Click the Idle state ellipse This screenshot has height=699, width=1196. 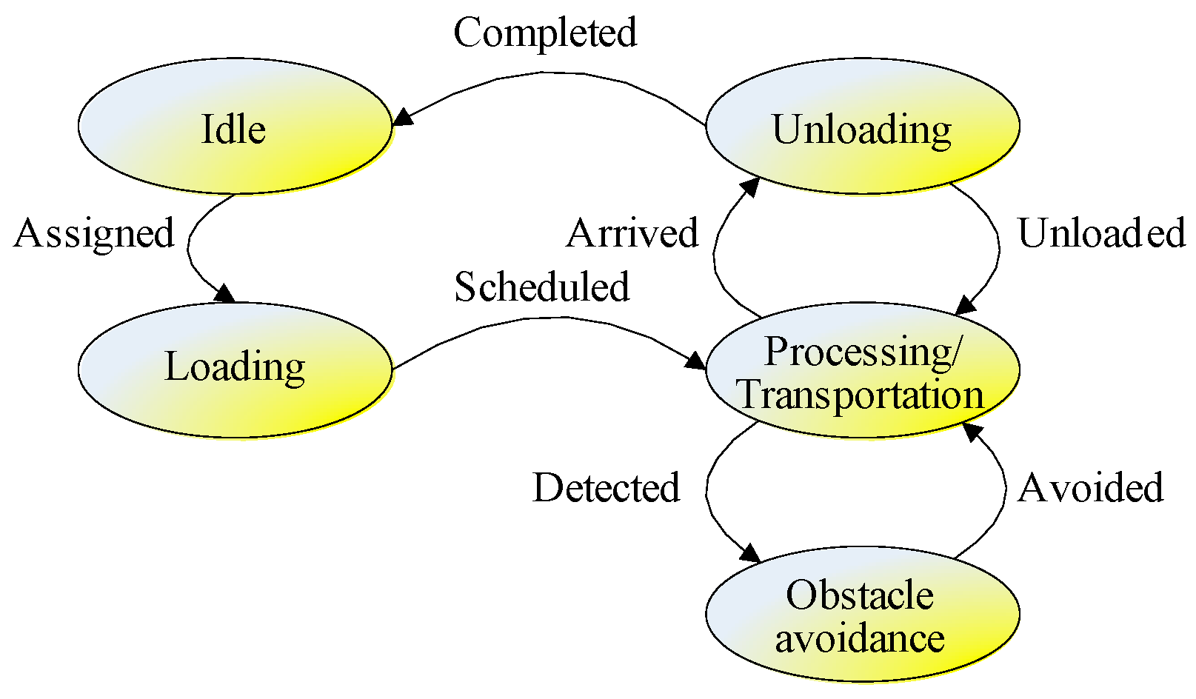(234, 127)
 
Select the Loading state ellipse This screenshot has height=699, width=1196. (234, 369)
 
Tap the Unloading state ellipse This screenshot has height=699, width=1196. (862, 127)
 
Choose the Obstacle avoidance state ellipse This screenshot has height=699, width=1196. (862, 615)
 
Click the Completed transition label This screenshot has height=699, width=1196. (545, 33)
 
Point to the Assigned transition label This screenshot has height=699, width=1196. (94, 233)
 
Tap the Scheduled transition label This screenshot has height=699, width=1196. (541, 287)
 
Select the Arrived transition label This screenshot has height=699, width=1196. (632, 233)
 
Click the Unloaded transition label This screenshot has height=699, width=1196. (1101, 233)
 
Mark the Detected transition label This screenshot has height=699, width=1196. (606, 488)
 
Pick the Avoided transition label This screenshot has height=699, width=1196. (1090, 488)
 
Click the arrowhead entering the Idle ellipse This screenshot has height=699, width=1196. (402, 118)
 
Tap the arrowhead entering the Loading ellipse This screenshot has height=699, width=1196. (224, 293)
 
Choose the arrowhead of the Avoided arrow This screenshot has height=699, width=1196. (972, 432)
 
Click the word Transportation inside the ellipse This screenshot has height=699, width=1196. (861, 394)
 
